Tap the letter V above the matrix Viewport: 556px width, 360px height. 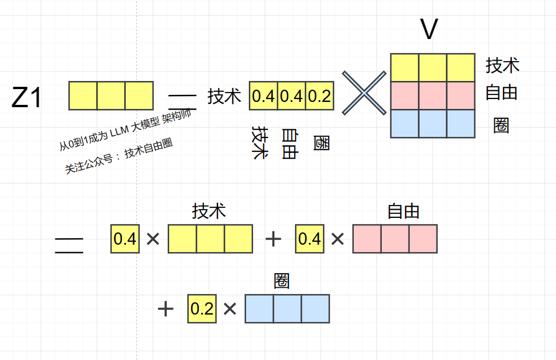point(428,30)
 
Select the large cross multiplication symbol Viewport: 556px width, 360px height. point(364,93)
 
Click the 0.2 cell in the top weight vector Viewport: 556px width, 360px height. point(319,96)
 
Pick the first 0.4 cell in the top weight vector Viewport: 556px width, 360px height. point(263,96)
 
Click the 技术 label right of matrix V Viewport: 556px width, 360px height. point(502,65)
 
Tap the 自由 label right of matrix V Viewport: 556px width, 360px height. point(501,93)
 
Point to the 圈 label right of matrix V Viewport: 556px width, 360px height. point(501,125)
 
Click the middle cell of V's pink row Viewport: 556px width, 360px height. point(432,96)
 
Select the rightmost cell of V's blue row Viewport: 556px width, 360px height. point(460,123)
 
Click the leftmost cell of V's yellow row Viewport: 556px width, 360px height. point(404,68)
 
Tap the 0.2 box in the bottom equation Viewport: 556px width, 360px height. point(202,309)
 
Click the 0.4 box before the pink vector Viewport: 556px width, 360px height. point(309,239)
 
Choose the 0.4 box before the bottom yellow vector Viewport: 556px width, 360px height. point(125,239)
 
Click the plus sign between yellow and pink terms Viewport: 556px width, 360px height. point(273,239)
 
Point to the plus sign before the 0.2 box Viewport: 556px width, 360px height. point(166,309)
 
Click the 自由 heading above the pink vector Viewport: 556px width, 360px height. point(403,211)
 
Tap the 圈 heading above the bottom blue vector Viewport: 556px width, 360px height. point(281,282)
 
